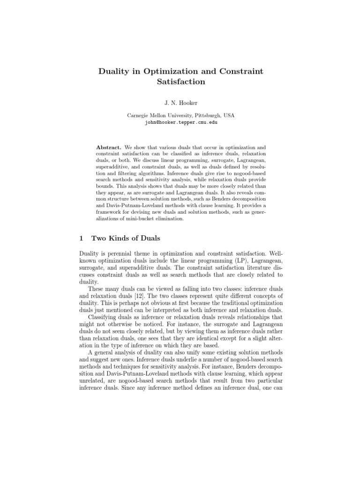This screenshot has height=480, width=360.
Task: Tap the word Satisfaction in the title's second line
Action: point(180,82)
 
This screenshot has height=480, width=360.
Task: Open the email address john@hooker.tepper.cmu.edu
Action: point(180,123)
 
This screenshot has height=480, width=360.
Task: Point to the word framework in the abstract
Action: point(111,212)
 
